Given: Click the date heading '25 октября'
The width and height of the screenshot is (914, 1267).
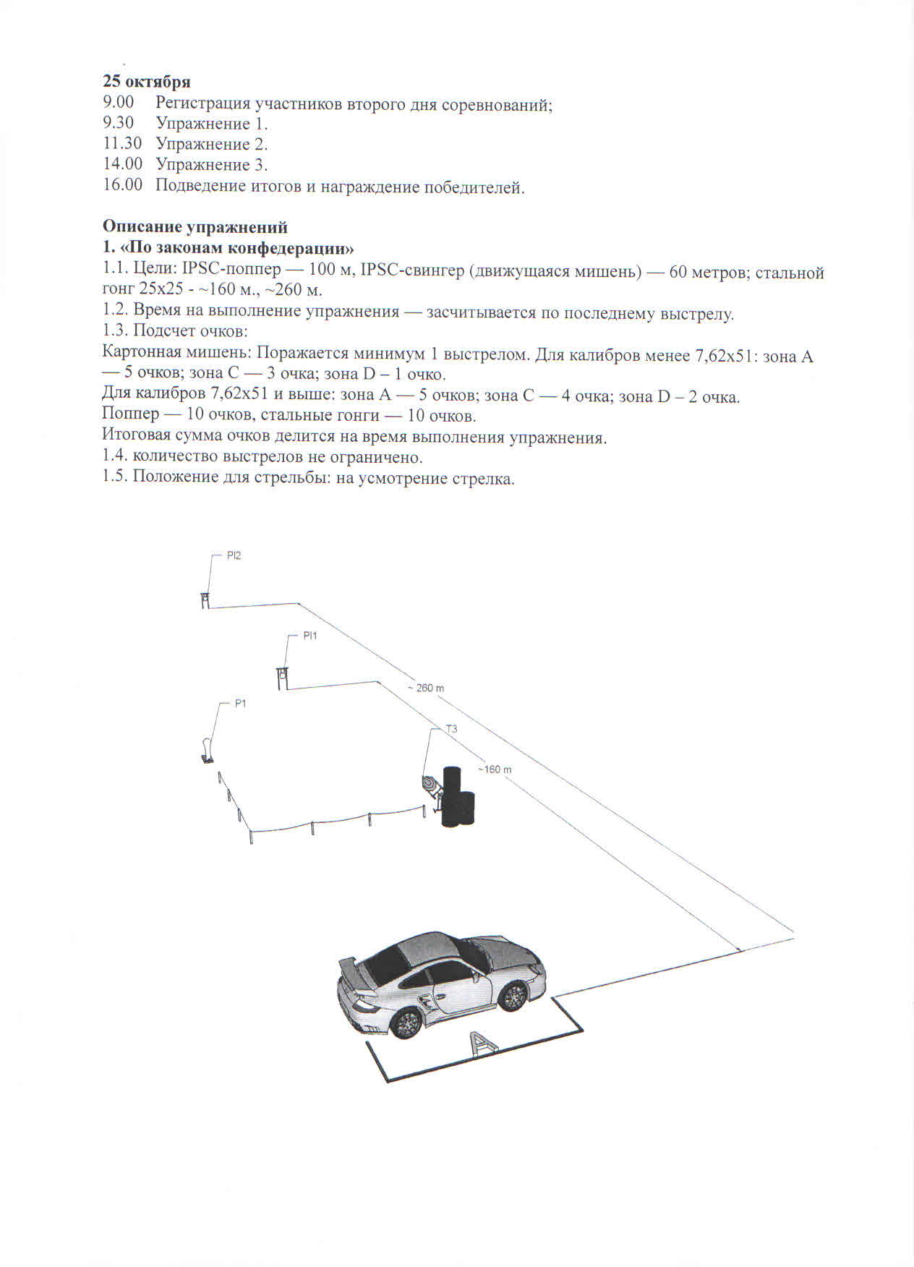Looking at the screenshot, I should [x=146, y=81].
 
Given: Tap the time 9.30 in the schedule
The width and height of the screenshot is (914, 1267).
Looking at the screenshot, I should [x=118, y=123].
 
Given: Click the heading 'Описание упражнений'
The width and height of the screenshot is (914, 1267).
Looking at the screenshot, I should [x=195, y=227].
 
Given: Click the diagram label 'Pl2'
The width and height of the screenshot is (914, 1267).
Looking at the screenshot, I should [x=234, y=556].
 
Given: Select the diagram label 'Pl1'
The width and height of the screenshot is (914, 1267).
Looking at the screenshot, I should [x=309, y=636].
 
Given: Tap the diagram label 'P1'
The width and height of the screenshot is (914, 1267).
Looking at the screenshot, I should [x=241, y=704].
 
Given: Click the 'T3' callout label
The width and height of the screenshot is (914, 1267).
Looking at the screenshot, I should [x=451, y=729].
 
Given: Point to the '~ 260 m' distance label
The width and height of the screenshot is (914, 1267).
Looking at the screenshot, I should [x=425, y=688].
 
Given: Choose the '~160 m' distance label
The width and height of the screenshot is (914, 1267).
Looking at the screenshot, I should [x=495, y=769].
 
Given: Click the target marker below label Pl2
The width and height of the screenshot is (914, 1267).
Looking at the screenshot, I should [x=205, y=600].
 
